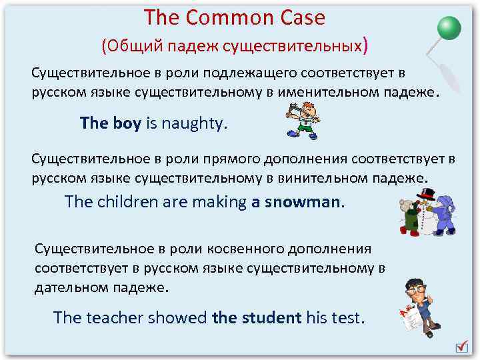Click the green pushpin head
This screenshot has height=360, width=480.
(449, 27)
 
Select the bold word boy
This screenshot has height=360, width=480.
(127, 123)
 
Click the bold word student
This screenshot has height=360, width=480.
(271, 317)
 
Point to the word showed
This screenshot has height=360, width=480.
(177, 317)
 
